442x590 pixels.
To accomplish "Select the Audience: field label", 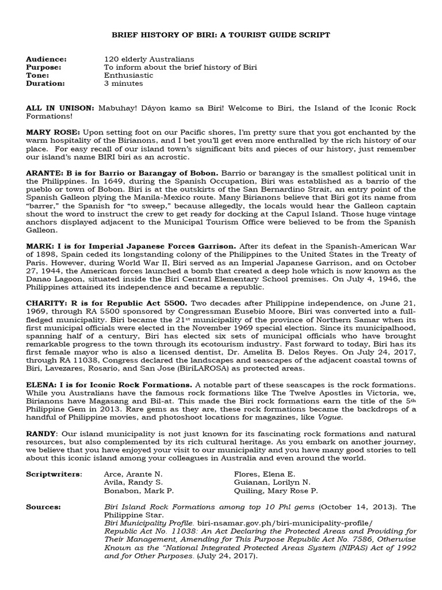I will coord(46,59).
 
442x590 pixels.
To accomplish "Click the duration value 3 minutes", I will coord(123,84).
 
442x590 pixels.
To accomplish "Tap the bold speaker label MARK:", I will coord(39,245).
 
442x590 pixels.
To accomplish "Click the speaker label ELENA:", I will coord(42,384).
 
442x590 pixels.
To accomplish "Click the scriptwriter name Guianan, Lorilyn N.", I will coord(267,482).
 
